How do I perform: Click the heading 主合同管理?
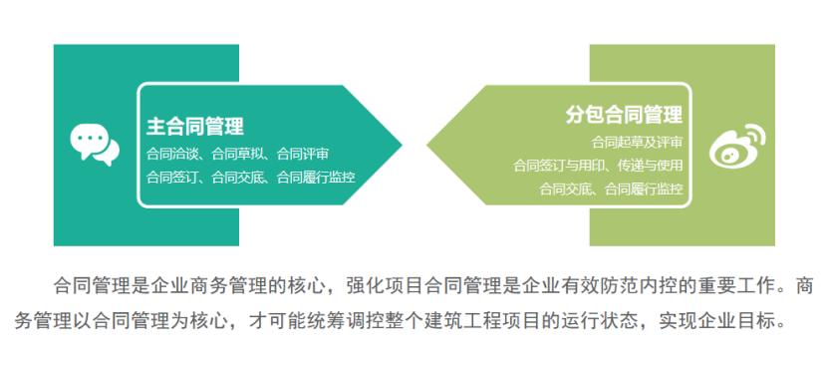point(195,127)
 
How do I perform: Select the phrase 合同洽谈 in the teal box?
point(170,154)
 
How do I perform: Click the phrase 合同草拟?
point(237,154)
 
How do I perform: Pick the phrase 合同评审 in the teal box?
point(303,154)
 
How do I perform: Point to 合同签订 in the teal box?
point(170,177)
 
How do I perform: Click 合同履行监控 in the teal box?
point(316,177)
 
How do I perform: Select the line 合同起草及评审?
point(637,142)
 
